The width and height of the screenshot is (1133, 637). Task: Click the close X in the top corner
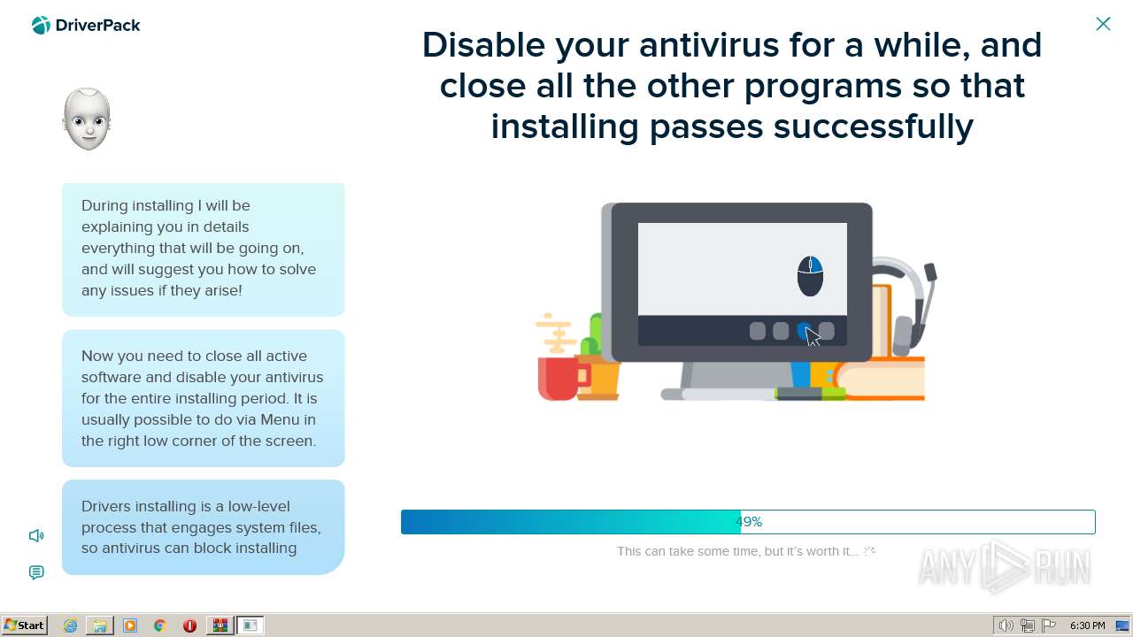(x=1103, y=24)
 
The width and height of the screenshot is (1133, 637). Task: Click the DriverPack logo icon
(x=41, y=26)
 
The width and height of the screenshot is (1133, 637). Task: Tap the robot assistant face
(x=87, y=119)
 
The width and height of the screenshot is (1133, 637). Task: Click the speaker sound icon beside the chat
(x=36, y=535)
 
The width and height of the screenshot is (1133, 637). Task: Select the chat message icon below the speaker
(x=36, y=572)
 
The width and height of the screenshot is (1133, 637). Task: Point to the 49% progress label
(x=749, y=522)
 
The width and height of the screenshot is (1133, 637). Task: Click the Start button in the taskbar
(x=24, y=625)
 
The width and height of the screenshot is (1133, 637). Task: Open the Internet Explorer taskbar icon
(x=70, y=625)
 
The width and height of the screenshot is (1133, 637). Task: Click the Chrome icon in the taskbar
(x=160, y=625)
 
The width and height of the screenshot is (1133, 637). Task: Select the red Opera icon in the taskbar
(x=189, y=625)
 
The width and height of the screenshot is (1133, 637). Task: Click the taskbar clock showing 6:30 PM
(x=1088, y=625)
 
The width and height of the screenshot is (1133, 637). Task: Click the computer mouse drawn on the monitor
(x=810, y=276)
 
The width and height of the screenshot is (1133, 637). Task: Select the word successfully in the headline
(x=873, y=127)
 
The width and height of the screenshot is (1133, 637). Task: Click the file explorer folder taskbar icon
(x=100, y=625)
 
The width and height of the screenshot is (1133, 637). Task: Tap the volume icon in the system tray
(x=1006, y=625)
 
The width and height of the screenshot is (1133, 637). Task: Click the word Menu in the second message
(x=280, y=419)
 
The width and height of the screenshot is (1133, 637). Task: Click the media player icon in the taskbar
(x=130, y=625)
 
